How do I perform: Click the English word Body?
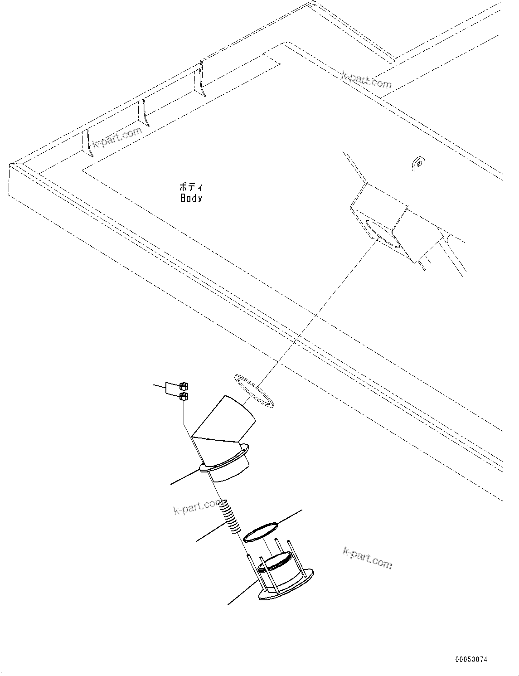coord(191,198)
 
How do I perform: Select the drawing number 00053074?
coord(471,660)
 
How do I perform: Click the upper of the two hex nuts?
coord(184,387)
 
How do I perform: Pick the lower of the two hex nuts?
coord(184,397)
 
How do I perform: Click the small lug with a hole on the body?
coord(419,163)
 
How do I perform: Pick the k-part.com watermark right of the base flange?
coord(367,557)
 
